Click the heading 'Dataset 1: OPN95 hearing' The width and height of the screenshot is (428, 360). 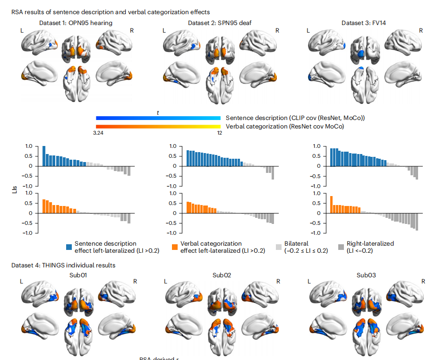76,23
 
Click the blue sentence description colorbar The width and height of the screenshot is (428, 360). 158,118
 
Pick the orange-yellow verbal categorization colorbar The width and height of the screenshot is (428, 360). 158,126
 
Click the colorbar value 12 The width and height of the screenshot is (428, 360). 219,133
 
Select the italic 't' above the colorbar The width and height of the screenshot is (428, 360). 158,112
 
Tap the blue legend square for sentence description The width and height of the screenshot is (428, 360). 69,247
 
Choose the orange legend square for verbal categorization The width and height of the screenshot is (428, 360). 175,247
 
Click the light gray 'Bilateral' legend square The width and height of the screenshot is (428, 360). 278,247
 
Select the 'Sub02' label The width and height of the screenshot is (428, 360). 221,274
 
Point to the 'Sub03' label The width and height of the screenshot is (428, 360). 365,274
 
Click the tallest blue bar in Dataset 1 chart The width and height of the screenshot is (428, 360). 44,156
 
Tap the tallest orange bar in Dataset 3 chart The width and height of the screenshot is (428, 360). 332,205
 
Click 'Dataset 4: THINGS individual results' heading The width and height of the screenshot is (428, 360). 63,265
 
